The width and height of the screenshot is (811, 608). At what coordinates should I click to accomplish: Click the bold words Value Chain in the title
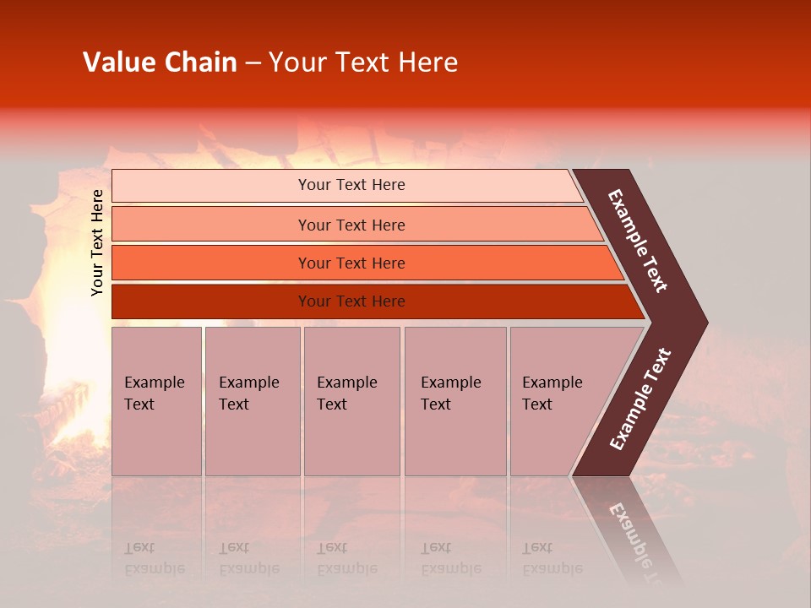coord(160,62)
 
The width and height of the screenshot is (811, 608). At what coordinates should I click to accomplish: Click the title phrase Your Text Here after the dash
coord(363,62)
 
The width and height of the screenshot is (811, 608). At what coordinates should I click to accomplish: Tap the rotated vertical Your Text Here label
coord(97,242)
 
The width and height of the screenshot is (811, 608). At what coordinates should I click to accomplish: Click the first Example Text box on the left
coord(156,401)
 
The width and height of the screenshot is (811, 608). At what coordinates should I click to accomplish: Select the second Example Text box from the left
coord(253,401)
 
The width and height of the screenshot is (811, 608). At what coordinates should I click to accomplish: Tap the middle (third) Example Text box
coord(351,401)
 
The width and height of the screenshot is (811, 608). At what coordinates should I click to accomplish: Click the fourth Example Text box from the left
coord(455,401)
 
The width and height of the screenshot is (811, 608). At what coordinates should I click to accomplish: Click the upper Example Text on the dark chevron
coord(638,241)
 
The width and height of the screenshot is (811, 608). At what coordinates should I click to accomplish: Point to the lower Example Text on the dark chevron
coord(640,399)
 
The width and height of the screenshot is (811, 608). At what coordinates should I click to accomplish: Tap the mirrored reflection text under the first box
coord(155,558)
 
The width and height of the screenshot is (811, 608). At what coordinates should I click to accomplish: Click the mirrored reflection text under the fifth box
coord(552,558)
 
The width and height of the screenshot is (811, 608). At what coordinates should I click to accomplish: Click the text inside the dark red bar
coord(351,301)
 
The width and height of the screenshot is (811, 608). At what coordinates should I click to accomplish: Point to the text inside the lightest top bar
coord(351,185)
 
